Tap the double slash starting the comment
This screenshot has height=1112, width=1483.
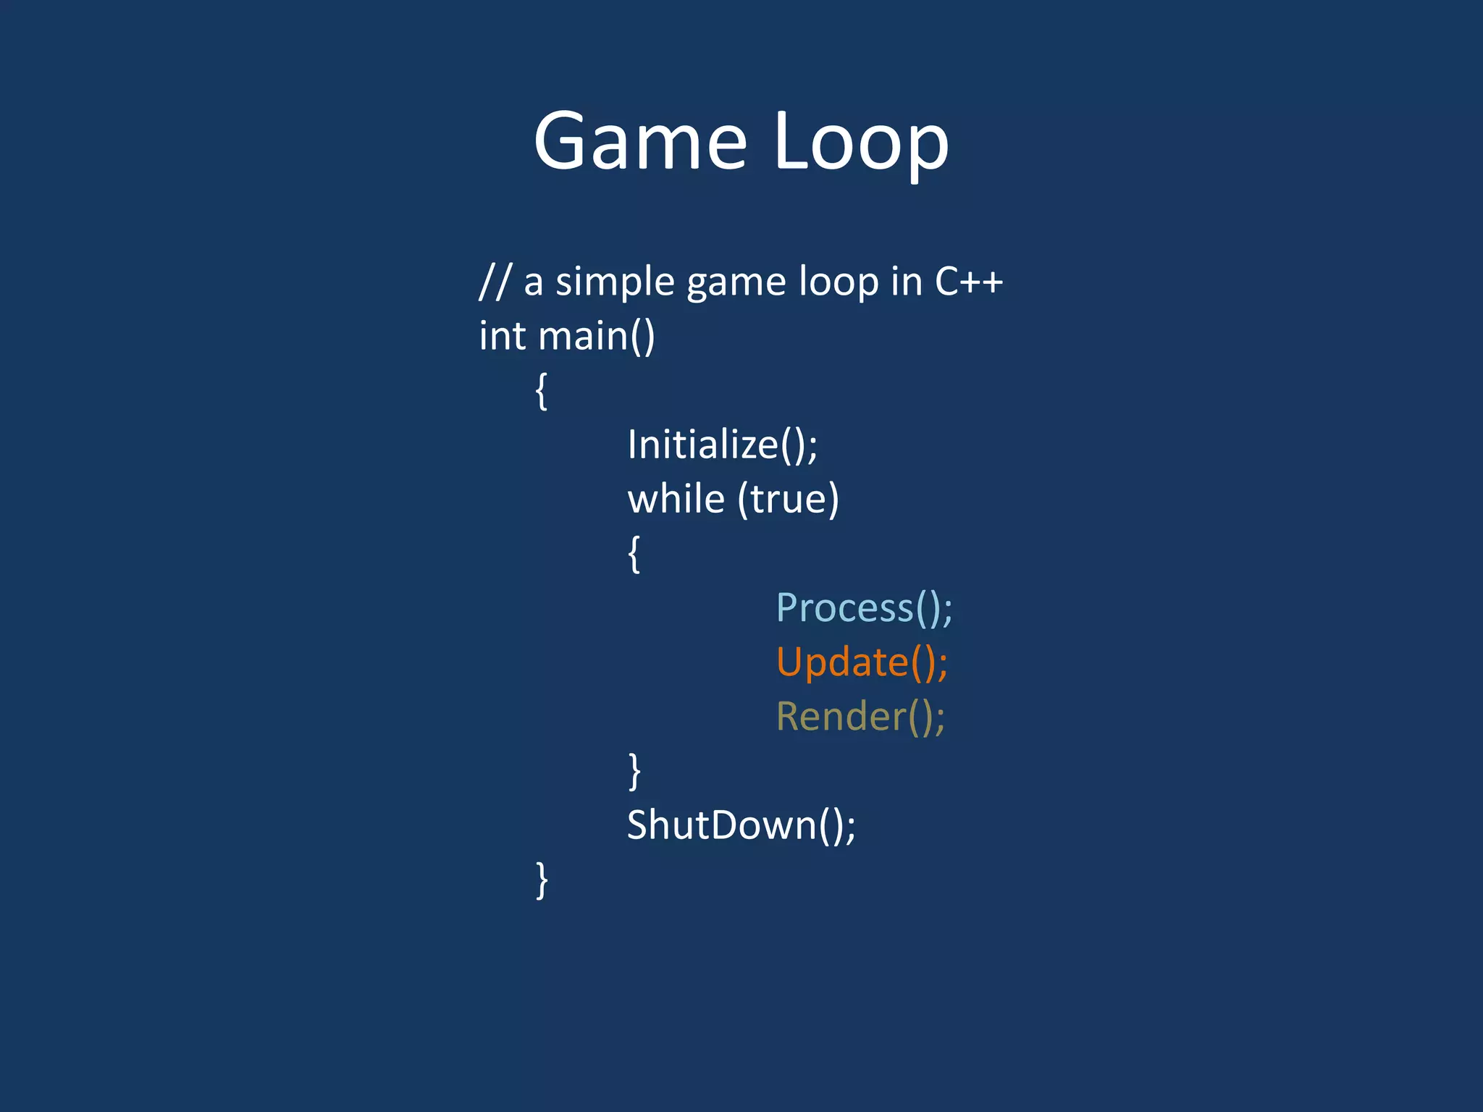pyautogui.click(x=496, y=282)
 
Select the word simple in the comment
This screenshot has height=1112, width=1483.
pyautogui.click(x=615, y=282)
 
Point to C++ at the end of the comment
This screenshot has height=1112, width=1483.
pyautogui.click(x=968, y=282)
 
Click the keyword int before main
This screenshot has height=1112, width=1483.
pyautogui.click(x=502, y=336)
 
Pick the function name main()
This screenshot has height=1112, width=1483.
pyautogui.click(x=596, y=336)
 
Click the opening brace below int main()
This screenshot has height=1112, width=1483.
pyautogui.click(x=542, y=391)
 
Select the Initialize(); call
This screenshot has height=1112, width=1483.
pyautogui.click(x=722, y=445)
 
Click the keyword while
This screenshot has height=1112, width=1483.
pyautogui.click(x=676, y=499)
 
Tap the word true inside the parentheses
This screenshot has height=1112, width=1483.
pyautogui.click(x=789, y=499)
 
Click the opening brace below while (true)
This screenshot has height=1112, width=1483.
pyautogui.click(x=634, y=554)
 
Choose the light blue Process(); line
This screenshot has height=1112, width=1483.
pyautogui.click(x=864, y=607)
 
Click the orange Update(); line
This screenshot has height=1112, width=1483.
pyautogui.click(x=862, y=662)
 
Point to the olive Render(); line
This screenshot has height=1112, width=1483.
pyautogui.click(x=860, y=716)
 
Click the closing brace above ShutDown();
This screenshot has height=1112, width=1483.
pyautogui.click(x=634, y=771)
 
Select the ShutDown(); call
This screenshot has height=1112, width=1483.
pyautogui.click(x=741, y=825)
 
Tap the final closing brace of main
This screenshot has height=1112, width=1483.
pyautogui.click(x=542, y=880)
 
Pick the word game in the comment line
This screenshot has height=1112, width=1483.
pyautogui.click(x=736, y=282)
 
